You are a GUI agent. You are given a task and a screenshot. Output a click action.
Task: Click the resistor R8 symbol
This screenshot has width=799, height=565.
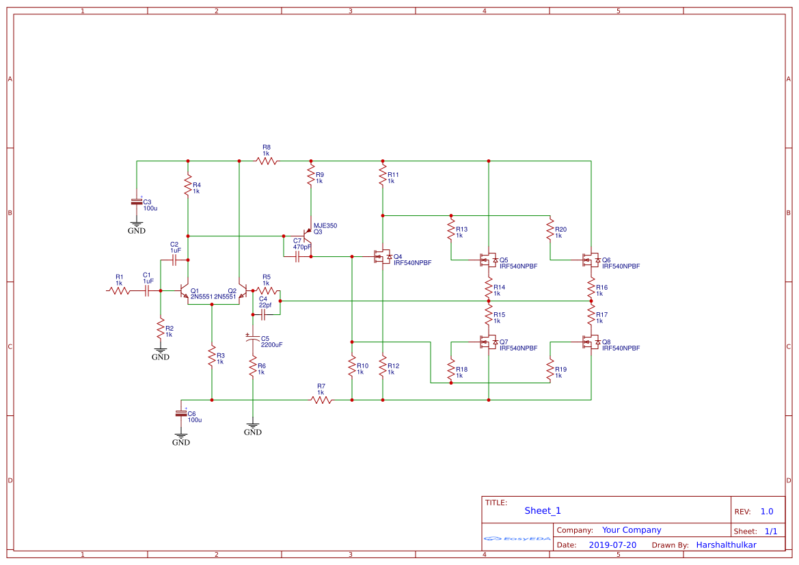[267, 161]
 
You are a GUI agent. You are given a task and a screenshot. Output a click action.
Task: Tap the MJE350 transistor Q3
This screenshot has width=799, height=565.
[308, 236]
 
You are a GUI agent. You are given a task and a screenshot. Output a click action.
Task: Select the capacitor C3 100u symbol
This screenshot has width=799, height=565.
[137, 202]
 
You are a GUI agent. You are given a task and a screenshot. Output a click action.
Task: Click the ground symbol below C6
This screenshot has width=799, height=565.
[181, 437]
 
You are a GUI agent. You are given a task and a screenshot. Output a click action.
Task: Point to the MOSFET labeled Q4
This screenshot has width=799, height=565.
[381, 257]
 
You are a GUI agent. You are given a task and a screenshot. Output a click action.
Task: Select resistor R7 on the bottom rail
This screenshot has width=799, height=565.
[321, 400]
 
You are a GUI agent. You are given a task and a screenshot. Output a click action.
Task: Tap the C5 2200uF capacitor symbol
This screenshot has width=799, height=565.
[253, 339]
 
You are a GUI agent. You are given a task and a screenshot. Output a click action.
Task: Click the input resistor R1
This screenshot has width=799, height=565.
[119, 290]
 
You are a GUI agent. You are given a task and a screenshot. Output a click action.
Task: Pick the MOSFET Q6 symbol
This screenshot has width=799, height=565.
[588, 260]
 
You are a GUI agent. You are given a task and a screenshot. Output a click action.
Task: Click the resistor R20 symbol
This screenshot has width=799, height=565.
[550, 230]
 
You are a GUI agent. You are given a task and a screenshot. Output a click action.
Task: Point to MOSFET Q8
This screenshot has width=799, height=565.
[588, 342]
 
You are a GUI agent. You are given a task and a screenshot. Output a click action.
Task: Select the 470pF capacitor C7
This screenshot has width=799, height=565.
[297, 257]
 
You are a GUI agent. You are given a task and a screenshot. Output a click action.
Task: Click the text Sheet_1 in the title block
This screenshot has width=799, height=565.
[543, 510]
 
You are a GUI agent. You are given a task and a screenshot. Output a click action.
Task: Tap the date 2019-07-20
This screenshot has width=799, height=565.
[612, 545]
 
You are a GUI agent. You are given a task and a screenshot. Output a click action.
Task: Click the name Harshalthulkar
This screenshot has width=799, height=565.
[726, 545]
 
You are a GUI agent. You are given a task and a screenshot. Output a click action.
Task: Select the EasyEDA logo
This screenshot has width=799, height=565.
[517, 539]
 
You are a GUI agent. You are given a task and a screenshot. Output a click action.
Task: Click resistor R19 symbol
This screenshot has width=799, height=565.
[550, 369]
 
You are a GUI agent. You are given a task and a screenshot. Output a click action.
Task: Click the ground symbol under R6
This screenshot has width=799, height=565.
[253, 428]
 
